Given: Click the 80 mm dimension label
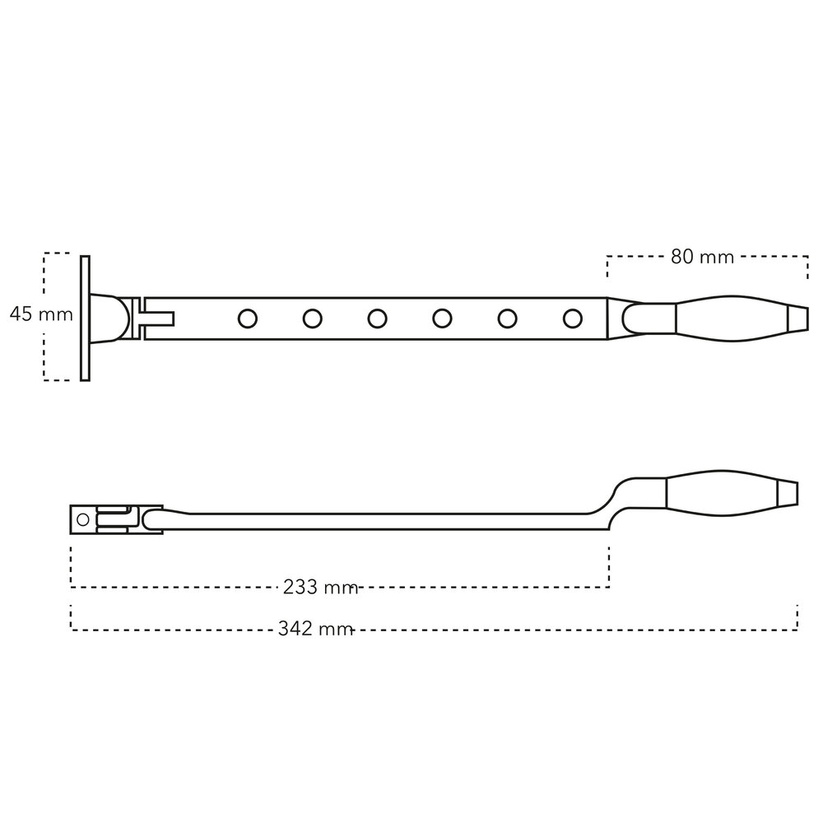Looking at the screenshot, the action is click(x=702, y=257).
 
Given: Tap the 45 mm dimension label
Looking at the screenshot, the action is click(x=41, y=314).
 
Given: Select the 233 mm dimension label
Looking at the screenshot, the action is click(x=320, y=587).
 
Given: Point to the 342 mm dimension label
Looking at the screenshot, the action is click(x=315, y=628).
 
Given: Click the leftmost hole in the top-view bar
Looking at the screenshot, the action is click(x=247, y=319).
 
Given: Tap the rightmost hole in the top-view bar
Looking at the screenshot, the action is click(x=572, y=319).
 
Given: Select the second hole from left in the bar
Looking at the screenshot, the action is click(x=312, y=319).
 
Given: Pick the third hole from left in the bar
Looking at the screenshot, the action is click(x=378, y=319).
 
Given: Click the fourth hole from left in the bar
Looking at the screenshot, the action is click(x=442, y=319).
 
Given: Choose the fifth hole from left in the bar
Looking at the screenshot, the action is click(x=507, y=319).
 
